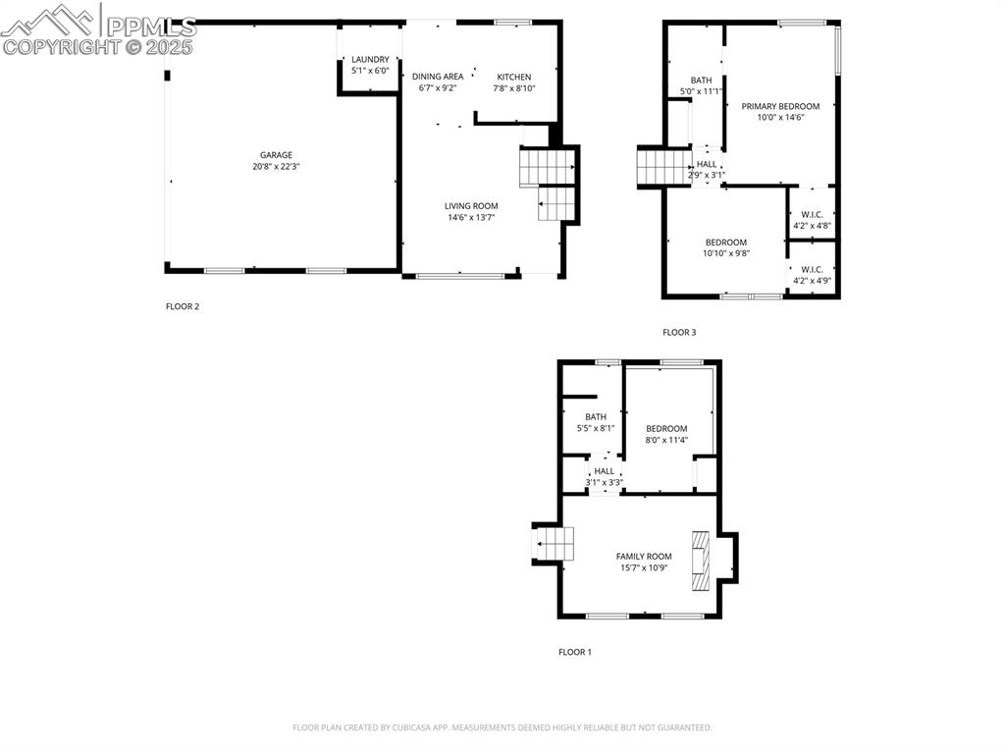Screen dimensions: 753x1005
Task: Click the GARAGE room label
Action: pos(276,155)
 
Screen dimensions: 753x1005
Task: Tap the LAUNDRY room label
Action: pos(370,60)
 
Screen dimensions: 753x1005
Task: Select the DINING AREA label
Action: pos(438,77)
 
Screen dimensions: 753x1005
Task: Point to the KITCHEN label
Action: pos(513,78)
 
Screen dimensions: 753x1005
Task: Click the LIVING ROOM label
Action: pos(471,206)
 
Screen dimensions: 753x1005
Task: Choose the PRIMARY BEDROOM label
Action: pos(780,106)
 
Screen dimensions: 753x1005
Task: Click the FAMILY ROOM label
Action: pos(644,557)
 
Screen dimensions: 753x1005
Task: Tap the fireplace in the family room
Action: pos(701,561)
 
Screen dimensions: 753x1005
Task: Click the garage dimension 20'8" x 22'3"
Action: pos(276,167)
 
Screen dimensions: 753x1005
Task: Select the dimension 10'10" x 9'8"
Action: pos(726,253)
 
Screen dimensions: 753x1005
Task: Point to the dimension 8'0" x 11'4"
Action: pos(666,440)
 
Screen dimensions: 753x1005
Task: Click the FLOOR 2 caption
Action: pos(183,306)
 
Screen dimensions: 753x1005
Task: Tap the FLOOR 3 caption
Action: pos(679,333)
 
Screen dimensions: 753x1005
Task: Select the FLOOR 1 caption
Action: pos(575,652)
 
